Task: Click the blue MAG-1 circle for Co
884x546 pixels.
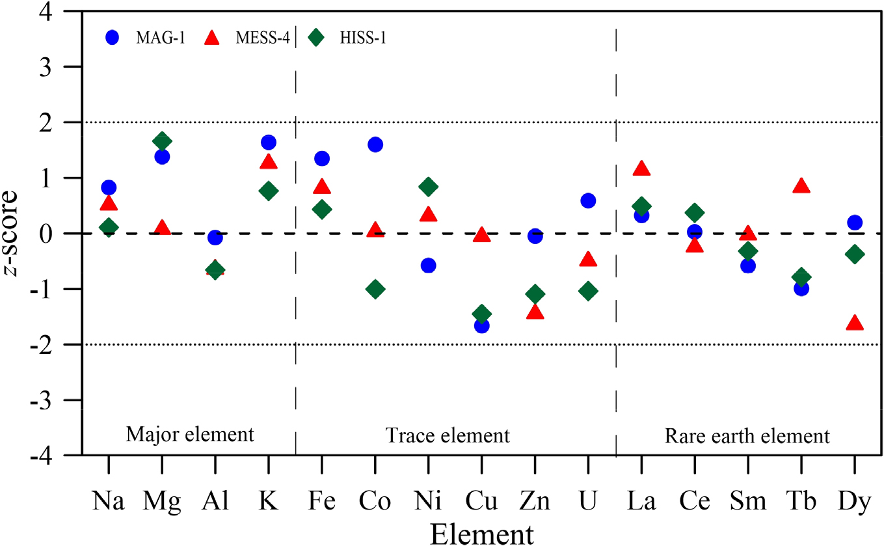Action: click(375, 144)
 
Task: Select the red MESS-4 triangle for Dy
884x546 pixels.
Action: click(855, 323)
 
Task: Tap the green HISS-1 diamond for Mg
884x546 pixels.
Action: click(162, 141)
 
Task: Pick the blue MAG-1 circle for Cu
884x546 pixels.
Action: click(481, 325)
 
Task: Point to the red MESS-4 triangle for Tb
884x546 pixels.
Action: click(801, 186)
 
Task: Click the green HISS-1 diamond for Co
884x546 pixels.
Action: click(375, 289)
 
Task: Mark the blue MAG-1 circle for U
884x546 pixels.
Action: click(588, 200)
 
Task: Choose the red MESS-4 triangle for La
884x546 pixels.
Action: click(641, 169)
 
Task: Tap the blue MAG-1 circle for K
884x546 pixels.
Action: click(269, 143)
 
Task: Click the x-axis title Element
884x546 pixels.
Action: click(481, 533)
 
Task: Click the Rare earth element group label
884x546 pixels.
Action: click(747, 435)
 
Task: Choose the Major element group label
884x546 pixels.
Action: click(190, 434)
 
